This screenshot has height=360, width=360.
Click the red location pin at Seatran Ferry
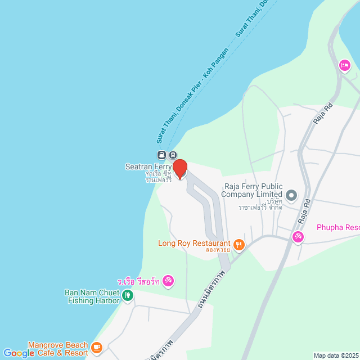[179, 169]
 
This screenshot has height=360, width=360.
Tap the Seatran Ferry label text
[147, 167]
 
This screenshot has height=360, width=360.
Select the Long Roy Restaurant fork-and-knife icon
[239, 244]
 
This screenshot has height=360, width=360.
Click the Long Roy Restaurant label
[194, 244]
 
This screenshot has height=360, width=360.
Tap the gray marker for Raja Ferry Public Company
[291, 196]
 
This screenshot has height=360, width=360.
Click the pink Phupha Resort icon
[298, 237]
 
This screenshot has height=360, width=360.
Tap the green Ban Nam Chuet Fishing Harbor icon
[128, 294]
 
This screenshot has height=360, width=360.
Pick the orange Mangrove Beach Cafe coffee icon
[97, 347]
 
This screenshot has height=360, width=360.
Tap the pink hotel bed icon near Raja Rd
[345, 66]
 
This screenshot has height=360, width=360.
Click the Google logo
[19, 353]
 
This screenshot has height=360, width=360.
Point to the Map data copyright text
[335, 355]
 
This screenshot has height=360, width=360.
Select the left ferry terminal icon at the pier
[161, 155]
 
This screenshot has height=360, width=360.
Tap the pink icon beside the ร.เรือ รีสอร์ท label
[168, 281]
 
